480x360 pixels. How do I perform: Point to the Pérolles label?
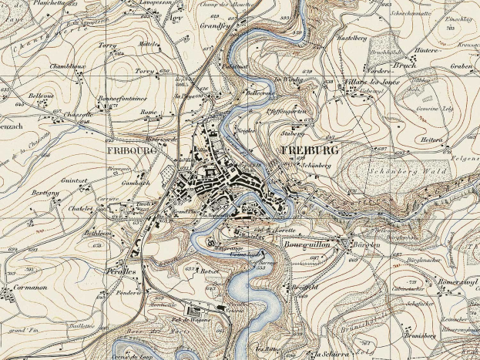click(x=121, y=272)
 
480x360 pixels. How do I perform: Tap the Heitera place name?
click(x=432, y=140)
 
